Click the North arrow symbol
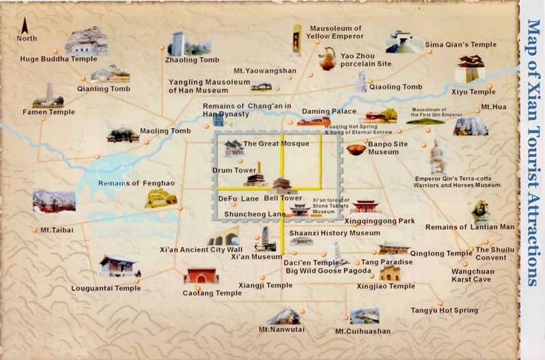coord(25,27)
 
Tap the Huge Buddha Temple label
coord(59,59)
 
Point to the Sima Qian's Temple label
coord(456,45)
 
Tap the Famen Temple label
coord(48,112)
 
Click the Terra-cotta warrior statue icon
coord(437,155)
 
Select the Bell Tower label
coord(283,198)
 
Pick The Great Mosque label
coord(276,144)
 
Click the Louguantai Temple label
coord(106,288)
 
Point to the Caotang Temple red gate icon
coord(201,275)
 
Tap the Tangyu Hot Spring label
coord(444,310)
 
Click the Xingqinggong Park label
coord(379,221)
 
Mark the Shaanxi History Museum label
coord(334,233)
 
